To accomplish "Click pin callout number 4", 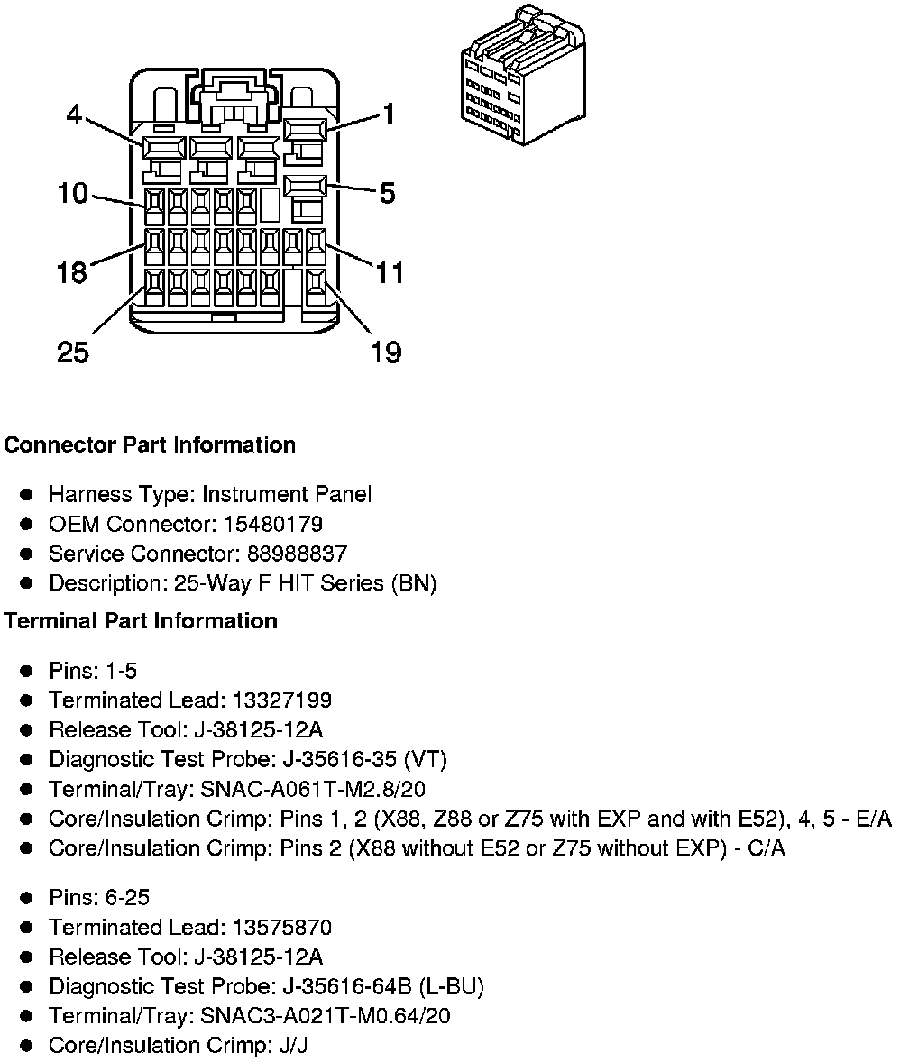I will (x=74, y=114).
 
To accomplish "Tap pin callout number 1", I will (x=388, y=114).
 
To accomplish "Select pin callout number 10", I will (x=72, y=193).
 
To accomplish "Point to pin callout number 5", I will (x=387, y=193).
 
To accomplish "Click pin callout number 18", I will (x=71, y=272).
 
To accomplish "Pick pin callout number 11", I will (x=390, y=272).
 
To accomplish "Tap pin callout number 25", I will (x=73, y=352).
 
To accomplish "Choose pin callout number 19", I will (x=386, y=352).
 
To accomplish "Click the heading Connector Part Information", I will (x=150, y=445).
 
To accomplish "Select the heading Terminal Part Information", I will (x=141, y=621).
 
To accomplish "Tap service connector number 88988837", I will (x=297, y=554).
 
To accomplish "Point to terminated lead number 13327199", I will (x=281, y=700).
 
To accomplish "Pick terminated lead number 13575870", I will (x=281, y=928).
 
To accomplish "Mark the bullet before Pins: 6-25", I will (x=27, y=898).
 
